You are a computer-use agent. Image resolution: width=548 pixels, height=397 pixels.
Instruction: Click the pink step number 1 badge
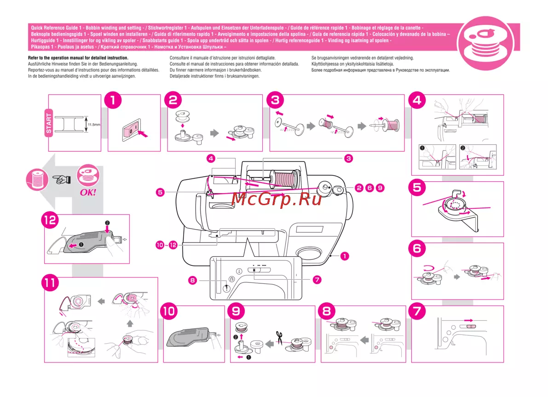pos(113,100)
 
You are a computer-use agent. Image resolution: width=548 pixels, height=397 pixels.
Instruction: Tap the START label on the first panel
pos(49,123)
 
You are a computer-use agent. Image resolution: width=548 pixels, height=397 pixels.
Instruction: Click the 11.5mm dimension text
pos(94,124)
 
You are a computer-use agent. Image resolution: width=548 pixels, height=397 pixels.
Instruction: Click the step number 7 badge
pos(417,311)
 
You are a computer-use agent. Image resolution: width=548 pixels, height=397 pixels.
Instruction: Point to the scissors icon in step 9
pos(279,338)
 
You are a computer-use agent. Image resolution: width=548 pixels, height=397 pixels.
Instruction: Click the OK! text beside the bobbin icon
pos(88,192)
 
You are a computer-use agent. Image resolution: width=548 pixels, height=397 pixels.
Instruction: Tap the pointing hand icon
pos(62,179)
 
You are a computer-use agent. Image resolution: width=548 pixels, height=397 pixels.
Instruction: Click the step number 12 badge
pos(50,220)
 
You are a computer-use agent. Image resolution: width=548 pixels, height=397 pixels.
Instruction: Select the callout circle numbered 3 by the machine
pos(348,158)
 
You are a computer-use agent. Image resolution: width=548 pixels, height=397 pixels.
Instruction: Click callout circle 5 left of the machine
pos(160,192)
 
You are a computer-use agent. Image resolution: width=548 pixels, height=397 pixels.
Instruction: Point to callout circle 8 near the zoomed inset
pos(193,280)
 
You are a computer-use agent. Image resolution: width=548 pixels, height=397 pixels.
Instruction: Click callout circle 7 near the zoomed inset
pos(317,280)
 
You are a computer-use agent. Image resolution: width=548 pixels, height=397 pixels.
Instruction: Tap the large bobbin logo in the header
pos(486,43)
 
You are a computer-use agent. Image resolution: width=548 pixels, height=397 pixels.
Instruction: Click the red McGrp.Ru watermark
pos(276,199)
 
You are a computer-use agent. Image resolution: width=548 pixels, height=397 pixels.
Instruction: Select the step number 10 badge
pos(169,311)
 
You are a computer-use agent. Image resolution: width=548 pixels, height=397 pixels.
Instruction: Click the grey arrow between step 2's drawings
pos(214,133)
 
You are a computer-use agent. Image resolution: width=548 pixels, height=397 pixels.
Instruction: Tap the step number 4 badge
pos(417,100)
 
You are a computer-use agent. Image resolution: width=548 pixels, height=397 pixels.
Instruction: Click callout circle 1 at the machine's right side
pos(345,256)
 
